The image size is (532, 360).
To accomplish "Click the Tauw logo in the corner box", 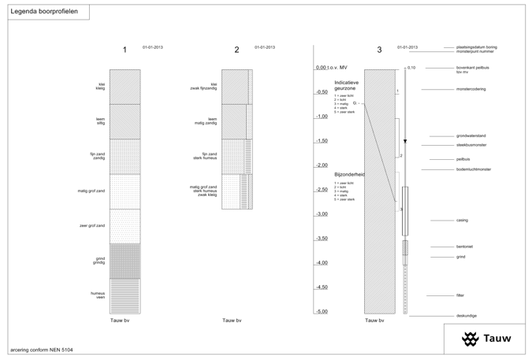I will (x=486, y=339).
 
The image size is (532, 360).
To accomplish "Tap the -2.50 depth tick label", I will (x=321, y=190).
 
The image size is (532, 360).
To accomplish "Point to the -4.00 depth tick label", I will (x=321, y=262).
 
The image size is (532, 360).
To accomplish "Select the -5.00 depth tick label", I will (x=321, y=311).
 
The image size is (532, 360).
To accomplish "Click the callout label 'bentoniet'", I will (x=465, y=247).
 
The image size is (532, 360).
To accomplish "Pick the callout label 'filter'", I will (x=460, y=295).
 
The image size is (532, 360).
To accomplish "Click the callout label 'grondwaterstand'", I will (x=471, y=136).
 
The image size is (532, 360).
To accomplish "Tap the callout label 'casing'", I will (x=462, y=221).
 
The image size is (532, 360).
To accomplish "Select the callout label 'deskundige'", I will (x=467, y=316).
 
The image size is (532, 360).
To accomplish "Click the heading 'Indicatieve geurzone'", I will (x=347, y=85).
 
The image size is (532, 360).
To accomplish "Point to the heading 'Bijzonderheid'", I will (x=349, y=174).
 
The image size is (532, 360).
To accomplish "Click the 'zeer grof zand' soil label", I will (x=91, y=225).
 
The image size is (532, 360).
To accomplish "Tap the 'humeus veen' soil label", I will (x=98, y=295).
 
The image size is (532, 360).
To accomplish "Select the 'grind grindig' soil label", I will (x=99, y=260).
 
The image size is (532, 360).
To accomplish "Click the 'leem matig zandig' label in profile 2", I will (x=206, y=121).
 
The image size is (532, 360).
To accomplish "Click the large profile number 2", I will (x=236, y=50).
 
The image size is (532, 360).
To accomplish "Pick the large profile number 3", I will (x=379, y=50).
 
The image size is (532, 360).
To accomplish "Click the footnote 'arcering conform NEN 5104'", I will (x=37, y=349).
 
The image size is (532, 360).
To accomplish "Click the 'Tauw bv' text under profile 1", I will (x=120, y=321).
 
